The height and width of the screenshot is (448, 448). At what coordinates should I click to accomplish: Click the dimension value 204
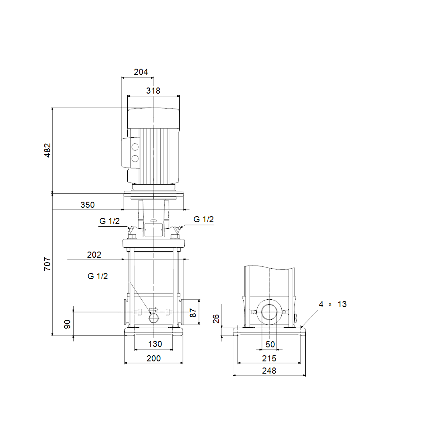pos(141,72)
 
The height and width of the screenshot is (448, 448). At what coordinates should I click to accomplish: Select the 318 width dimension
pos(153,91)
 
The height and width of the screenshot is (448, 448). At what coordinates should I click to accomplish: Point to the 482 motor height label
pos(47,150)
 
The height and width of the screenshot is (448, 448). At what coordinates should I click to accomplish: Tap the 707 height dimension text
pos(47,264)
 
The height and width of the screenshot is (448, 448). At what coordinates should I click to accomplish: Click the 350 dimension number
pos(87,205)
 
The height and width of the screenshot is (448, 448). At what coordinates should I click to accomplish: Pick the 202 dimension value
pos(94,255)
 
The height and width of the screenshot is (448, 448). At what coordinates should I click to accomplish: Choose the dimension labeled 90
pos(67,324)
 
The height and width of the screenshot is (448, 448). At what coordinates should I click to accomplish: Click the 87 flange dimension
pos(193,313)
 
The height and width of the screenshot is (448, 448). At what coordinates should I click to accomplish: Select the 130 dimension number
pos(155,344)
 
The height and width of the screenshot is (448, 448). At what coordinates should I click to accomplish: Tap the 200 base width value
pos(154,358)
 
